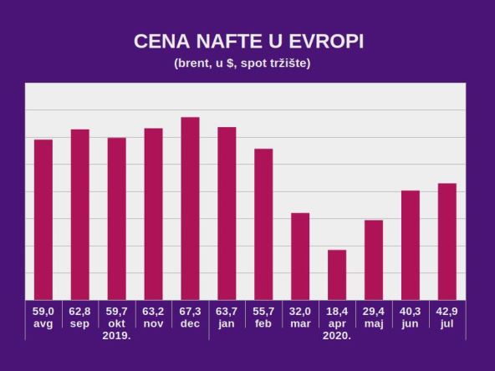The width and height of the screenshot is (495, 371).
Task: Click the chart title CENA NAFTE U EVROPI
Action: click(x=248, y=43)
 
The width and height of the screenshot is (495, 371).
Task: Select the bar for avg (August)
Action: click(x=43, y=219)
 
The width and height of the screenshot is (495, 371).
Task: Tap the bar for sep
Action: click(x=80, y=214)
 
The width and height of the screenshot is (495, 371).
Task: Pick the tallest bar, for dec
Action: click(x=190, y=208)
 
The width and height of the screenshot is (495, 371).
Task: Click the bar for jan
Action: click(x=227, y=213)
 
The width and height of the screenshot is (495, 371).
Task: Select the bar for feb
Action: click(x=263, y=224)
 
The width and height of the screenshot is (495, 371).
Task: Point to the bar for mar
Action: click(x=300, y=256)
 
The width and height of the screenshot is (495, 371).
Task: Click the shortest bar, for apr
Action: click(x=337, y=274)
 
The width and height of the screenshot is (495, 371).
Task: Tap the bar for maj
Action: click(x=374, y=259)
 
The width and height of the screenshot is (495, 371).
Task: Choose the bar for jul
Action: click(x=447, y=241)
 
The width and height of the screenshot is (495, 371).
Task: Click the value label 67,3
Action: click(x=190, y=311)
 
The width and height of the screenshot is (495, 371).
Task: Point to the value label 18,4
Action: click(x=337, y=311)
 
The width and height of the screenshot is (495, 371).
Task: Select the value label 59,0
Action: click(x=43, y=311)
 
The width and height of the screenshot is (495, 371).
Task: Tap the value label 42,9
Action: click(x=447, y=311)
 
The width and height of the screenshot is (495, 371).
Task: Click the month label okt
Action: click(x=116, y=323)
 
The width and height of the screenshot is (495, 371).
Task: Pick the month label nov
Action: click(x=153, y=323)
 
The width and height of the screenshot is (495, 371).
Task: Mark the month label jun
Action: click(x=411, y=323)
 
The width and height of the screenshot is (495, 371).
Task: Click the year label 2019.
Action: click(x=116, y=335)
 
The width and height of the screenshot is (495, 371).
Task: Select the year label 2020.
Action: click(x=337, y=335)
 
